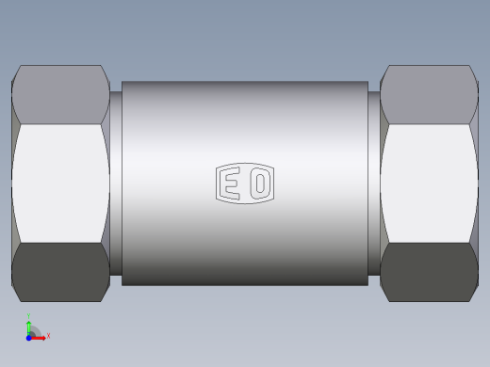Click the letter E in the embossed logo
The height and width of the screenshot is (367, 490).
tap(232, 184)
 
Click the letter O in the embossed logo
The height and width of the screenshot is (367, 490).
tap(259, 184)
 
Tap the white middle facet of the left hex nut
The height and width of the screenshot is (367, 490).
tap(59, 183)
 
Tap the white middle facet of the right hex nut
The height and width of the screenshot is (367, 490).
tap(429, 183)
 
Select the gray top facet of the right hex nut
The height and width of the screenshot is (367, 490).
tap(429, 95)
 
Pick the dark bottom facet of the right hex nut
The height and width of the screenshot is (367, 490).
tap(429, 271)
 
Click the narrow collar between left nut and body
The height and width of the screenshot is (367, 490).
tap(116, 183)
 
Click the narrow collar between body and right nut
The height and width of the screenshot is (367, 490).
tap(374, 183)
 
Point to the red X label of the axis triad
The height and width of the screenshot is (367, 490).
tap(48, 335)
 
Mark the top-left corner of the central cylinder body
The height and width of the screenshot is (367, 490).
tap(122, 81)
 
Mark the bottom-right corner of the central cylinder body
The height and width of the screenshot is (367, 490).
tap(367, 284)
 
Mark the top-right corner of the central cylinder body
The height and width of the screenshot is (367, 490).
tap(367, 81)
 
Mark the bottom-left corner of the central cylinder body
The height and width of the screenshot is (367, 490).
tap(122, 284)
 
